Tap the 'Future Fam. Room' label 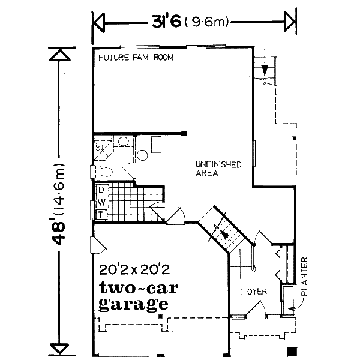136,58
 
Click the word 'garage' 133,303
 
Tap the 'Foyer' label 253,292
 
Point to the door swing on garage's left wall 96,243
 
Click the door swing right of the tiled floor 175,217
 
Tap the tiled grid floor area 123,201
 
